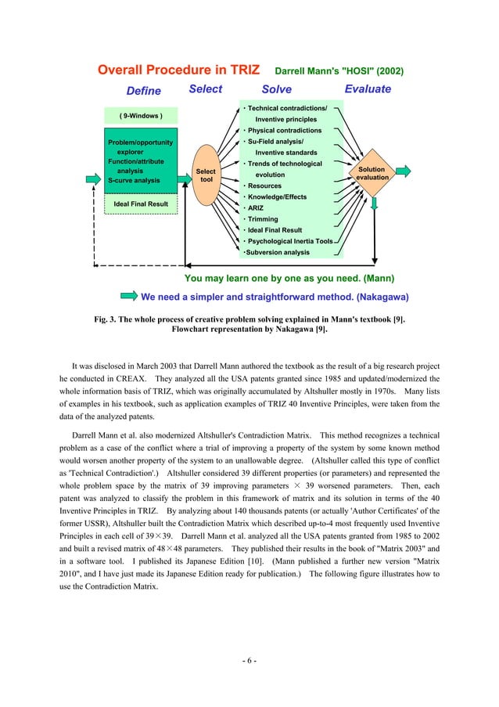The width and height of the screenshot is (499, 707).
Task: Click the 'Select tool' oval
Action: coord(206,175)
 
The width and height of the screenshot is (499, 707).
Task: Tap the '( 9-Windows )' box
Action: coord(141,115)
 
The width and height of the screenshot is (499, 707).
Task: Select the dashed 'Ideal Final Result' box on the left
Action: coord(141,204)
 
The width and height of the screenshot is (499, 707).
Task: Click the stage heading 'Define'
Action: coord(144,90)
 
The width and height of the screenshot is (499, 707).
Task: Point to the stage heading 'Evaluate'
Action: coord(368,89)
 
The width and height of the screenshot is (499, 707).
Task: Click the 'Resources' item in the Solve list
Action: coord(265,186)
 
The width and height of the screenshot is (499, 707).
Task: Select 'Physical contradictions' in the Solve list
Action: coord(284,130)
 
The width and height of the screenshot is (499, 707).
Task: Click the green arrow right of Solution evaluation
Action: coord(404,172)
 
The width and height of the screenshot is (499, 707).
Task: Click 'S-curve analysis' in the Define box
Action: coord(133,180)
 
